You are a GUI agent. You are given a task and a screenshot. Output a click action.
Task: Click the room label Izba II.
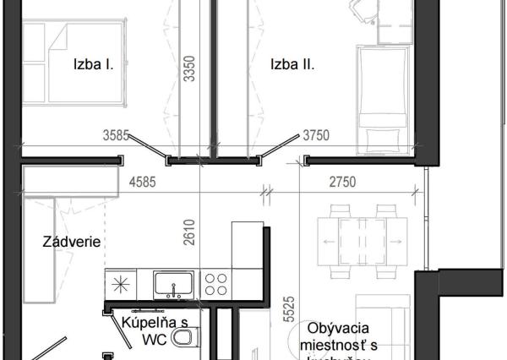(x=292, y=63)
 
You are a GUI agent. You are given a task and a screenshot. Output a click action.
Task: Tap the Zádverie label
(x=72, y=242)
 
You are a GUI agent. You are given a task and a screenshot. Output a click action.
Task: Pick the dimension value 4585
(x=145, y=178)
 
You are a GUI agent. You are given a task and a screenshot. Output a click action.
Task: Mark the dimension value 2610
(x=193, y=233)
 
